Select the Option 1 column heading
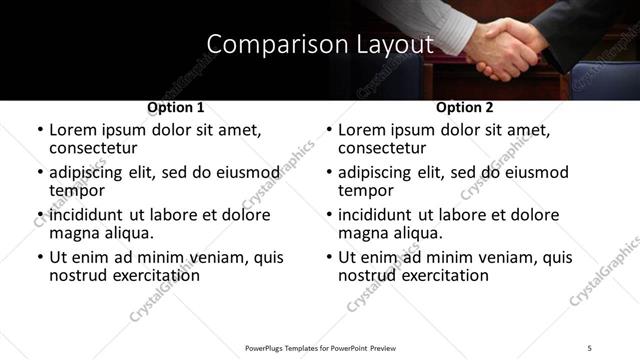(176, 107)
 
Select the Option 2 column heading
(465, 107)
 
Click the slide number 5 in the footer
(590, 347)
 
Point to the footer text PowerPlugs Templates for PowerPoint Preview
(319, 347)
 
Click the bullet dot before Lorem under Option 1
(39, 130)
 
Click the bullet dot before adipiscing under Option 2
(328, 172)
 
